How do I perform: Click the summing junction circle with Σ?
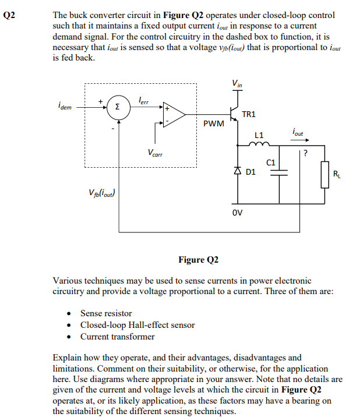point(118,108)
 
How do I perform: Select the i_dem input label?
point(65,107)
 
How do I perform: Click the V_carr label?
point(156,153)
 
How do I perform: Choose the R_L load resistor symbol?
point(326,175)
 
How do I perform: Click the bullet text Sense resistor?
point(106,313)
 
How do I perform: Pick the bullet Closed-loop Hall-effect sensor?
point(137,325)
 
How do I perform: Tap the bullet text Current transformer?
point(118,337)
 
